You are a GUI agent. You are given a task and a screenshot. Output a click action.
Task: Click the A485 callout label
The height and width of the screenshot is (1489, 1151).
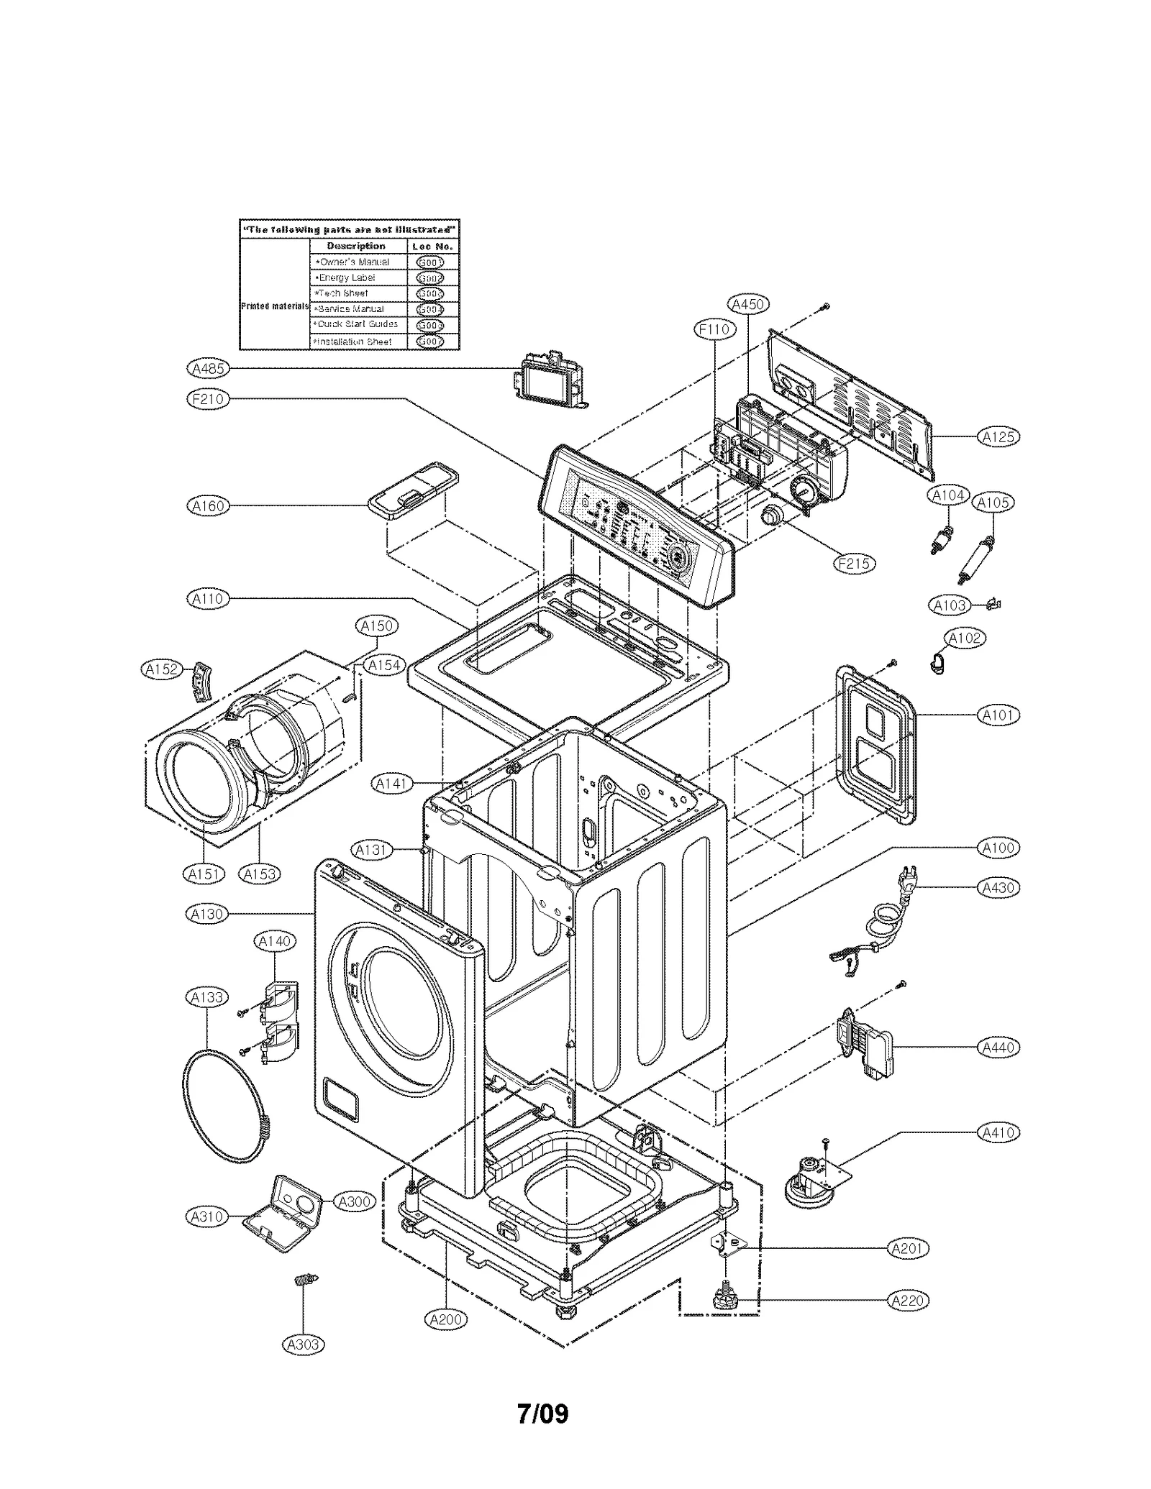207,369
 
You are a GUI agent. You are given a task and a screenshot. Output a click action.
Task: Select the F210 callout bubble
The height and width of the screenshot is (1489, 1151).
207,399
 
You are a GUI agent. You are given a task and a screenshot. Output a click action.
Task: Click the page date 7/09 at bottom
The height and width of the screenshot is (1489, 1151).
542,1414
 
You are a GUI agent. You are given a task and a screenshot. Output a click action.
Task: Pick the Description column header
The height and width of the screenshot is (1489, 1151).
356,246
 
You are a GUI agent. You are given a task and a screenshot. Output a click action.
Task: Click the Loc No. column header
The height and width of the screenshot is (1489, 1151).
432,246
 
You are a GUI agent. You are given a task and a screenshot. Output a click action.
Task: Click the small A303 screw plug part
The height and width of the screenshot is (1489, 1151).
306,1280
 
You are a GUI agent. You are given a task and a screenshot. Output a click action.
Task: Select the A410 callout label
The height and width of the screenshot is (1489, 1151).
998,1132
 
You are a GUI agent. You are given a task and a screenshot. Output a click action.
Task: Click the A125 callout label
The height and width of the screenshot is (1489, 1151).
998,436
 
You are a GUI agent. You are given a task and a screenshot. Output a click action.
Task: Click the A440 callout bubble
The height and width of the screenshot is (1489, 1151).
998,1048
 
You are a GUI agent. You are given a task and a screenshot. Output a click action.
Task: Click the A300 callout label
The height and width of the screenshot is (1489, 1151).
354,1201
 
